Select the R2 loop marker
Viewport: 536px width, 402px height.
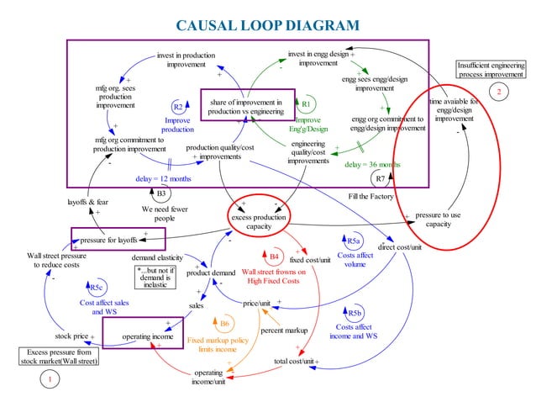pos(177,107)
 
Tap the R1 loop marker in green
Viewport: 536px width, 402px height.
pos(307,103)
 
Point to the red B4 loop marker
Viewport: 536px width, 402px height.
pos(274,256)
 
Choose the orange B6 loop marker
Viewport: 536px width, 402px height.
pos(225,323)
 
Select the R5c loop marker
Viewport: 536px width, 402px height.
pos(96,288)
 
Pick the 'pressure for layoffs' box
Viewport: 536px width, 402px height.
pos(118,239)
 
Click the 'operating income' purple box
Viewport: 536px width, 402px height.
pos(148,336)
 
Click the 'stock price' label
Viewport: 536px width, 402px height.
pos(71,336)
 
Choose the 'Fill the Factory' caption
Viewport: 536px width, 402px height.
pos(370,196)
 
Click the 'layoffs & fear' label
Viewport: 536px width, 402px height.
pos(87,202)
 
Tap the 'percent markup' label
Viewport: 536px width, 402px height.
pos(284,331)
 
